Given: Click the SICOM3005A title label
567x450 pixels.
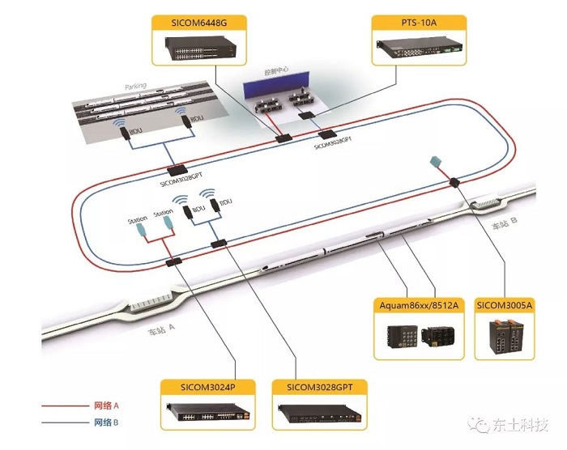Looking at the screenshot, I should [505, 305].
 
